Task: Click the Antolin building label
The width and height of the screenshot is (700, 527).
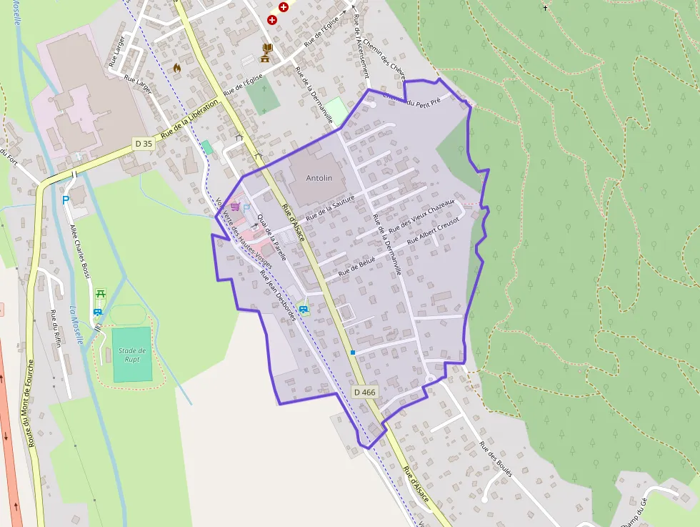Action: (319, 177)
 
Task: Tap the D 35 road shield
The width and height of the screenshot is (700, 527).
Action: (144, 144)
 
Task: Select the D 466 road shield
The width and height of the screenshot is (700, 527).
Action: (364, 392)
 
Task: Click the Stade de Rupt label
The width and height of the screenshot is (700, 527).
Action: (132, 354)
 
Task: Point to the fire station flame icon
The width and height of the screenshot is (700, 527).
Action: (176, 68)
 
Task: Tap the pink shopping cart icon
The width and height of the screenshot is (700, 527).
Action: (235, 206)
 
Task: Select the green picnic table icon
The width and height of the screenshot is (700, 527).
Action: (101, 294)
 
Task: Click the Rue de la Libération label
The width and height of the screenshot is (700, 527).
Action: (189, 119)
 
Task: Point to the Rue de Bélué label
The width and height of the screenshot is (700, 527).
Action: (356, 266)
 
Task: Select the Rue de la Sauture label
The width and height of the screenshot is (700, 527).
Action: (330, 208)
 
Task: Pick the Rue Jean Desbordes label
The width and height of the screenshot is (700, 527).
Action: (278, 295)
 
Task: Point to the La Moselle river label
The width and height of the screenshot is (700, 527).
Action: (76, 325)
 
